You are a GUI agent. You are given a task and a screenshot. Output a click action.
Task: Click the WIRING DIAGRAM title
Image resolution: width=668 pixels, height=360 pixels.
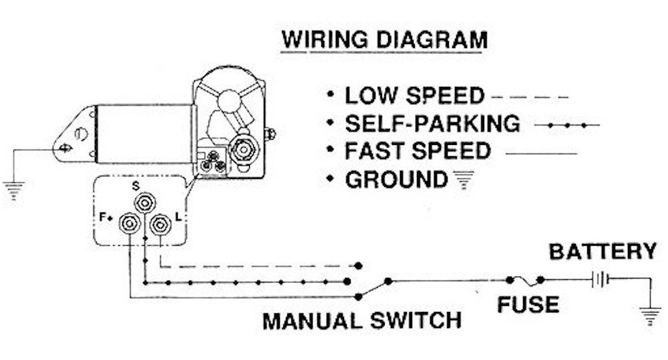pos(384,40)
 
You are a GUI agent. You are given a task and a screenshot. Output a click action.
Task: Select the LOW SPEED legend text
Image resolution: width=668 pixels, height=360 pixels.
pos(415,96)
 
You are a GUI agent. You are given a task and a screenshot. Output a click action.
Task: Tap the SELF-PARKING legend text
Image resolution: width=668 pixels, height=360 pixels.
pos(432,124)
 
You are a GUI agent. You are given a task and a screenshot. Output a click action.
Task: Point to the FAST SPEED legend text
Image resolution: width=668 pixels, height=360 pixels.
pos(417,151)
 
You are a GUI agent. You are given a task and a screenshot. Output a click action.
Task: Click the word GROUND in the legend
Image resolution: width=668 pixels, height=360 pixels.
pos(395,180)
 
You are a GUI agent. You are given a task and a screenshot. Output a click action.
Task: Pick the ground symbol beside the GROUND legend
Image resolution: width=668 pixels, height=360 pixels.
pos(464,180)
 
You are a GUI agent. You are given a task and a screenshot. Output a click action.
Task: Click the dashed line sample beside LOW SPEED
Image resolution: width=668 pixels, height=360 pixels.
pos(530,97)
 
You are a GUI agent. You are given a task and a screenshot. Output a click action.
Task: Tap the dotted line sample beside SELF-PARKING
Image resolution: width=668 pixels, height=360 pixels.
pos(567,126)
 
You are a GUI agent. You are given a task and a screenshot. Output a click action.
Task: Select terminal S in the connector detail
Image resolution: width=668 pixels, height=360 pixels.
pos(145,203)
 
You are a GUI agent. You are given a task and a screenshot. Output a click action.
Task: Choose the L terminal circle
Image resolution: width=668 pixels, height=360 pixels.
pos(160,224)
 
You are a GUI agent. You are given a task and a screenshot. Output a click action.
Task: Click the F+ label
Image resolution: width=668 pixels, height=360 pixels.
pos(106,217)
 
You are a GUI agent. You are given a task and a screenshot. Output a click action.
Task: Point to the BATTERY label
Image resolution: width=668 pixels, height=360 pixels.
pos(603,251)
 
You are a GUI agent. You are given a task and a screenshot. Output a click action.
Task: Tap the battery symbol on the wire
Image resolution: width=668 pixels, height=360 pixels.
pos(601,280)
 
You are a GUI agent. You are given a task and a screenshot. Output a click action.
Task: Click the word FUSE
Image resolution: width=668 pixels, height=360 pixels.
pos(528,305)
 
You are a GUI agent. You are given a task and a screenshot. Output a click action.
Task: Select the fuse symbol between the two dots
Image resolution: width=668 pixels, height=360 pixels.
pos(525,281)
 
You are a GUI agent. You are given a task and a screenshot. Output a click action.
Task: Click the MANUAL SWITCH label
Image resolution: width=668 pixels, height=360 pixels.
pos(362,321)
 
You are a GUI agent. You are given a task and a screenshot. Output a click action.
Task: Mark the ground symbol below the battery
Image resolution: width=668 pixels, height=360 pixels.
pos(650,316)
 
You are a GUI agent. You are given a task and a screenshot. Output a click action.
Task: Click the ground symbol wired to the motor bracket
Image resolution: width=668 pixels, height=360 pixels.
pos(14,191)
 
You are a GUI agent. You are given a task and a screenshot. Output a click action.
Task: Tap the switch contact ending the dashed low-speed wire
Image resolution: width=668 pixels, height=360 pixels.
pos(358,266)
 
